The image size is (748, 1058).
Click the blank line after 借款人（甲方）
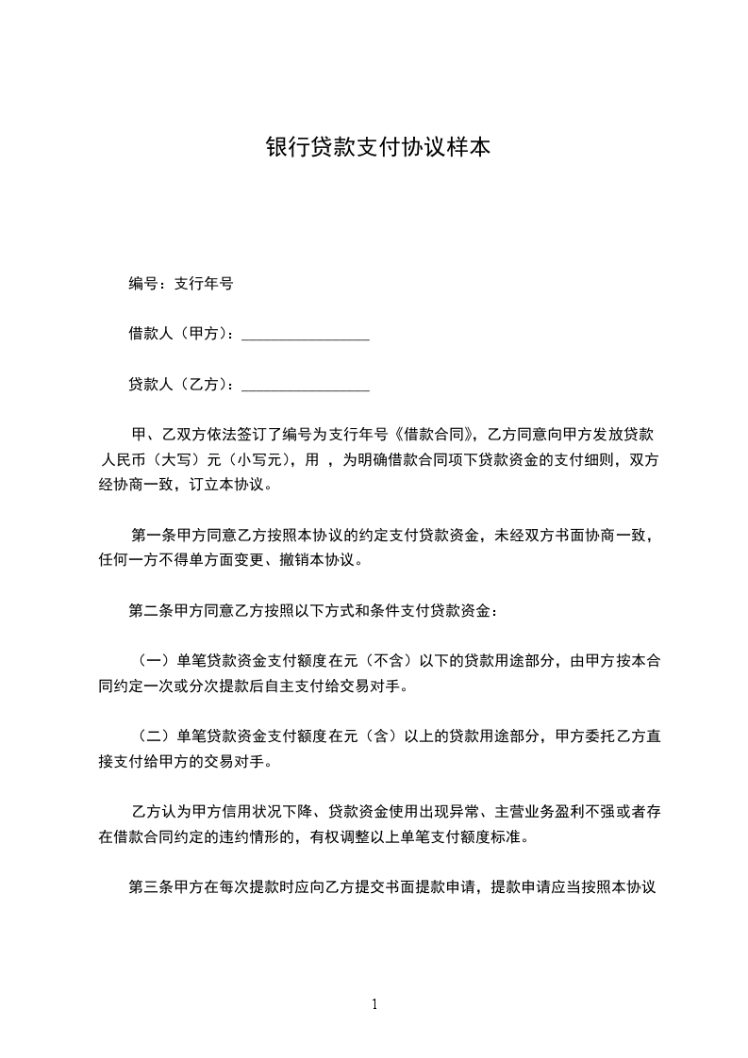coord(306,337)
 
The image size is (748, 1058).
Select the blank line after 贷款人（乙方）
coord(306,388)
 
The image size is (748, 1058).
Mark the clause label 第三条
coord(151,887)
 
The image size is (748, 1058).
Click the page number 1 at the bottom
coord(374,1005)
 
